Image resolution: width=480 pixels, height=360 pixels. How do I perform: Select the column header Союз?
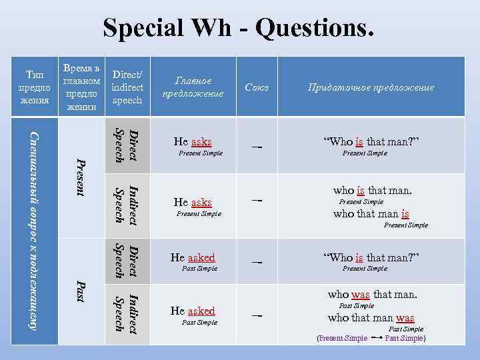click(257, 87)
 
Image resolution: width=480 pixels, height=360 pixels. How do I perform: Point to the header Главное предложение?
click(193, 87)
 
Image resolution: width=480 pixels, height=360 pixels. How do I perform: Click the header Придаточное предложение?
click(371, 87)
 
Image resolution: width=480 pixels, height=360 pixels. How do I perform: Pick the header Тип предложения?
click(35, 87)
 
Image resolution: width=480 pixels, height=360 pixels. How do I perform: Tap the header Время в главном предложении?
click(81, 87)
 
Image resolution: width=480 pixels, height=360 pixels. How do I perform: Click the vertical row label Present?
click(81, 176)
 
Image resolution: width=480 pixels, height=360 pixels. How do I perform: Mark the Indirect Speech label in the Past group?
click(126, 312)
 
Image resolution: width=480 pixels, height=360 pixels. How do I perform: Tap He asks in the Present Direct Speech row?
click(193, 141)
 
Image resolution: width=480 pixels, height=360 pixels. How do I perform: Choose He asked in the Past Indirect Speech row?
click(193, 311)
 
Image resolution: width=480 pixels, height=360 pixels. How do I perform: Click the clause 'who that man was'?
click(371, 318)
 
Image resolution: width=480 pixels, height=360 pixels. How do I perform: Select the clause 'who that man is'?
click(371, 214)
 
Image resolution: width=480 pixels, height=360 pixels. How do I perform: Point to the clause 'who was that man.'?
click(372, 294)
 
